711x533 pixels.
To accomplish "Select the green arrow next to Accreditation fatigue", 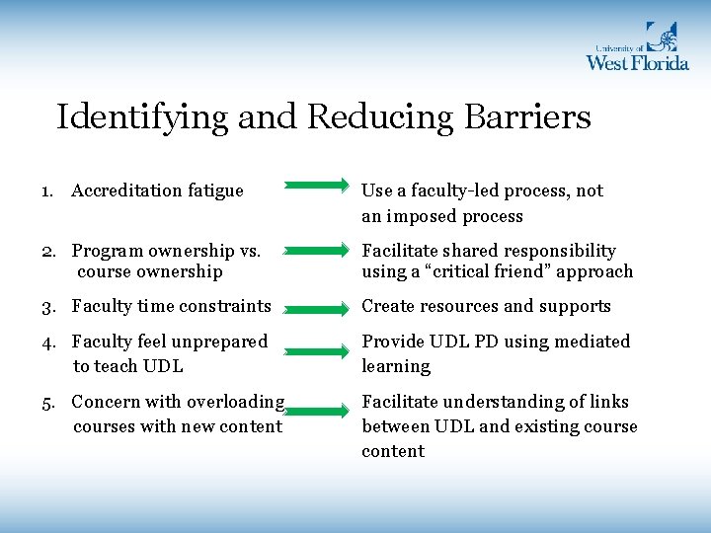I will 316,184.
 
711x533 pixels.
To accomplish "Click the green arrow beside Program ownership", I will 316,253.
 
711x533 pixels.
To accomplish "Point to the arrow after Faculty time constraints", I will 316,309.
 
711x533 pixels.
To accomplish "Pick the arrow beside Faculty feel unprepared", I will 316,347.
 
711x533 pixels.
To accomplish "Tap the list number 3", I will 46,307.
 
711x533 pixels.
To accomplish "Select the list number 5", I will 46,402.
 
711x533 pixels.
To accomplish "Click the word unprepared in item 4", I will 219,342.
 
